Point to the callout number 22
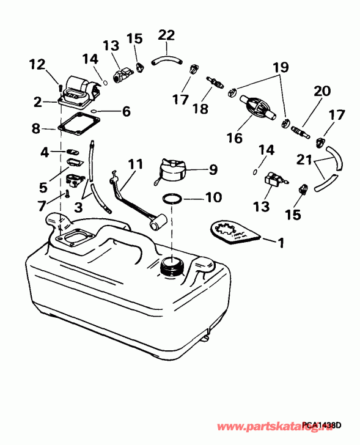[x=166, y=35]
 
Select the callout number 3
[x=79, y=207]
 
